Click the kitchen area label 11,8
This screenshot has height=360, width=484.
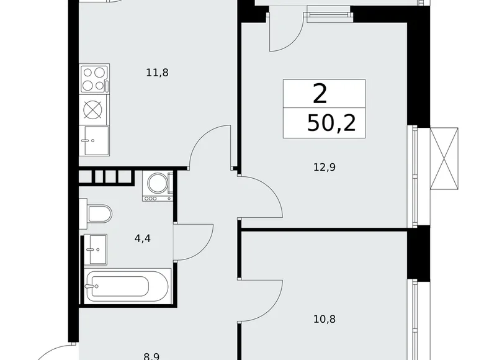click(157, 72)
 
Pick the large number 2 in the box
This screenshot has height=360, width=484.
click(320, 94)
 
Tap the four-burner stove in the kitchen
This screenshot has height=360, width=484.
click(94, 79)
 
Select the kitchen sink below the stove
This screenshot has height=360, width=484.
click(94, 140)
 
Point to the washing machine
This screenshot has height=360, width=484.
click(158, 186)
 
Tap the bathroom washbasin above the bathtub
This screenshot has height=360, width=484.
click(96, 250)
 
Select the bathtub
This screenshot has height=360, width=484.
click(127, 286)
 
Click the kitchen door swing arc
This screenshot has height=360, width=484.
click(208, 145)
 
